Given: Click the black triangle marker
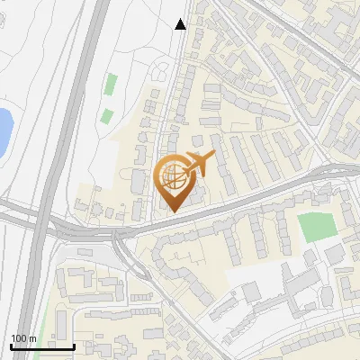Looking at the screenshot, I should click(x=180, y=24).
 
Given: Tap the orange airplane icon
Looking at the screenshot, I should click(x=199, y=164).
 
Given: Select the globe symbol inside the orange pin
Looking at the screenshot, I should click(x=174, y=176).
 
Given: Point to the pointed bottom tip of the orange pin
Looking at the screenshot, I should click(x=174, y=211).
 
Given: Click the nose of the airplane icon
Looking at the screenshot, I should click(x=214, y=156).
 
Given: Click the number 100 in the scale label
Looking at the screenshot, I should click(x=20, y=338).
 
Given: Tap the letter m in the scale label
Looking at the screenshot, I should click(x=31, y=338).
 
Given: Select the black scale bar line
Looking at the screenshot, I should click(x=42, y=346).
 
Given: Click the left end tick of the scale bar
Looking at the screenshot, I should click(x=11, y=345).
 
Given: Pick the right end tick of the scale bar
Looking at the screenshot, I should click(x=74, y=345).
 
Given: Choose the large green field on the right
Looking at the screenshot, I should click(x=316, y=226).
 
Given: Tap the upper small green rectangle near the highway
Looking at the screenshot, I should click(x=111, y=85).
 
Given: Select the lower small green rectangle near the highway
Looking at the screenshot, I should click(x=106, y=116).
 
